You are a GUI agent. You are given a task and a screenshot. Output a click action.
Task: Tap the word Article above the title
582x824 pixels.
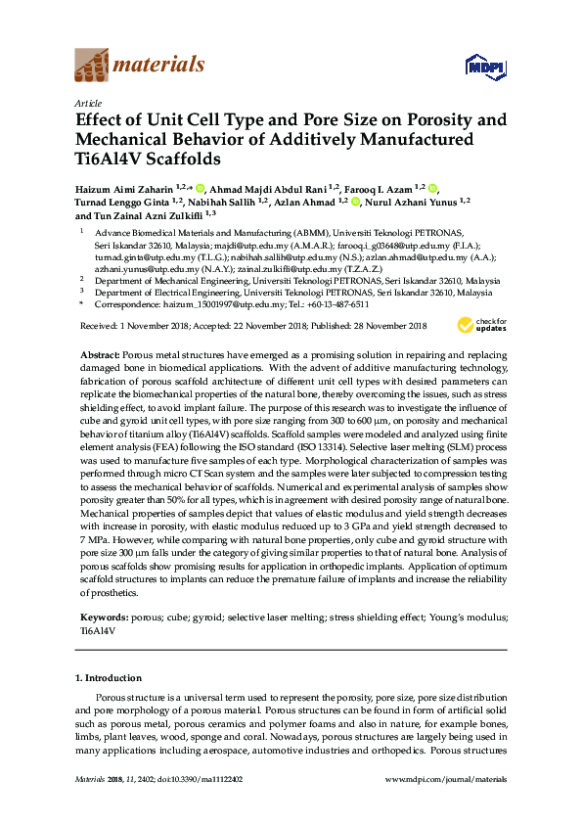pyautogui.click(x=87, y=103)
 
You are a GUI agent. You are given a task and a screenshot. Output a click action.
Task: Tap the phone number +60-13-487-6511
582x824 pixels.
pyautogui.click(x=336, y=304)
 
